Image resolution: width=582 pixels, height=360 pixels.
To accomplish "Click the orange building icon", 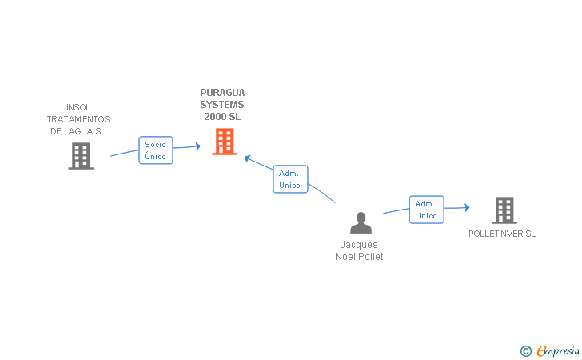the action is [225, 142].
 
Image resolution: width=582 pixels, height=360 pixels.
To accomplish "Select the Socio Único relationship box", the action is [156, 150].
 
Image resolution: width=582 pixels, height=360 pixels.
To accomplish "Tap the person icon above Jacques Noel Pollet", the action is [361, 223].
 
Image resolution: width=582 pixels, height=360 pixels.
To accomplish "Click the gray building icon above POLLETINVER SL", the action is [504, 210].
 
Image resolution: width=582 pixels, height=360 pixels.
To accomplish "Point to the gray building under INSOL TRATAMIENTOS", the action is [81, 156].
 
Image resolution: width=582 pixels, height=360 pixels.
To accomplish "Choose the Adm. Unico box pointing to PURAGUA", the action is [290, 179].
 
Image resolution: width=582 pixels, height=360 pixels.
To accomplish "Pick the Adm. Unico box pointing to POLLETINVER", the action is [426, 210].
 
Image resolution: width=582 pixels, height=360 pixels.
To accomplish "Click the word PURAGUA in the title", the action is [222, 93].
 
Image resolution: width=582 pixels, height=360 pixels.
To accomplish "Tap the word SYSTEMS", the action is [222, 104].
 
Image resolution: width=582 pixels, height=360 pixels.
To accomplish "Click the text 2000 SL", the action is [222, 117].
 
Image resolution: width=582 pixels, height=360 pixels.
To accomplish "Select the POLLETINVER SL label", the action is [502, 234].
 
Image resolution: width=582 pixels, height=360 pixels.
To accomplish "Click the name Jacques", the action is [359, 245].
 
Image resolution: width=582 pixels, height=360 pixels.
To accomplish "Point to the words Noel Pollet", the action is [359, 256].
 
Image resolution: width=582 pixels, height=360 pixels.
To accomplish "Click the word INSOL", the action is [78, 107].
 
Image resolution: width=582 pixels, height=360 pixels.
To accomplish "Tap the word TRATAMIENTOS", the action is [78, 119].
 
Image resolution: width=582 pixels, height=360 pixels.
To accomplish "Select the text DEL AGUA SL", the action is [78, 131].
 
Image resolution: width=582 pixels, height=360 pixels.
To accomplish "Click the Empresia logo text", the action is [558, 350].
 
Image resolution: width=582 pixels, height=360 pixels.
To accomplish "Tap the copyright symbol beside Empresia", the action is [526, 351].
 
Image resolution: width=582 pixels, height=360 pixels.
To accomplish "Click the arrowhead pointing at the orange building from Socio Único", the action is [198, 146].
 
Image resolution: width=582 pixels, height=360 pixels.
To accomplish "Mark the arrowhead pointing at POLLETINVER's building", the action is [467, 208].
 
